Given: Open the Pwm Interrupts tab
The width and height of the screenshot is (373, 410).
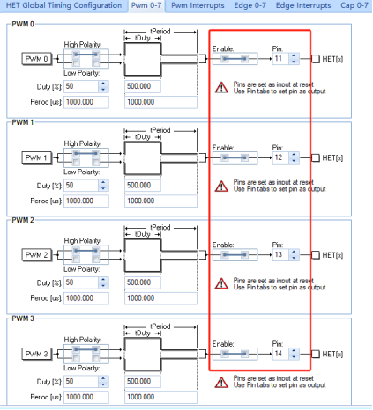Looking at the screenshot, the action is tap(198, 5).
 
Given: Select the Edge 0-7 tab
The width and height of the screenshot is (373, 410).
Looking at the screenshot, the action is tap(250, 5).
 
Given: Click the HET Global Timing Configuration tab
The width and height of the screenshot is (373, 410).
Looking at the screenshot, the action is tap(63, 5).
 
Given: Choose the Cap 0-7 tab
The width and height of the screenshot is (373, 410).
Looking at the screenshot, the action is tap(354, 5).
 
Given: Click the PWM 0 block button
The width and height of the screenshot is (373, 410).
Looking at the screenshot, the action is tap(37, 59).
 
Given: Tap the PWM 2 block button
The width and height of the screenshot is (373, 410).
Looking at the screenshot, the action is tap(37, 255).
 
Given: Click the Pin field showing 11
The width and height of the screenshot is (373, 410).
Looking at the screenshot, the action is tap(280, 59).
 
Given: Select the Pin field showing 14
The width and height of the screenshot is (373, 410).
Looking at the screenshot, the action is tap(280, 354).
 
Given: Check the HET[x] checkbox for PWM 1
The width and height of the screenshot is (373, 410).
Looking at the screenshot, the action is tap(316, 157).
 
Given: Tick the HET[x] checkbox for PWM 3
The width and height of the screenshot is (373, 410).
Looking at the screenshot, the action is tap(316, 354).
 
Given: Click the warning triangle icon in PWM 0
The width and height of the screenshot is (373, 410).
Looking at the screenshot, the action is tap(221, 87).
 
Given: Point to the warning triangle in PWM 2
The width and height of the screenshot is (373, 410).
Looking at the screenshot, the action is tap(221, 283).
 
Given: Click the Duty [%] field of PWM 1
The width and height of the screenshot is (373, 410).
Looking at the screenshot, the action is tap(81, 186).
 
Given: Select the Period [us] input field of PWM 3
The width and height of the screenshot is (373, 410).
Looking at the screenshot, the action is tap(86, 397).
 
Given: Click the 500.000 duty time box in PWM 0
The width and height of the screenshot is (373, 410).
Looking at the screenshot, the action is tap(143, 86).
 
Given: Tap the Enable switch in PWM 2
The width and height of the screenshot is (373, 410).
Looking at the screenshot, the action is tap(235, 255).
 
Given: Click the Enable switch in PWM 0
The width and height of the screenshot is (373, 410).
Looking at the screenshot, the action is tap(235, 59).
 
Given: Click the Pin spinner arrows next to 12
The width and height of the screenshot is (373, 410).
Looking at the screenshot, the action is tap(294, 157).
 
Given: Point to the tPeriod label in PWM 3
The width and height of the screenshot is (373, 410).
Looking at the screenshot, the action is tap(160, 326).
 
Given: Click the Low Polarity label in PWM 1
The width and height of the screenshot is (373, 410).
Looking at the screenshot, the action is tap(82, 172).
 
